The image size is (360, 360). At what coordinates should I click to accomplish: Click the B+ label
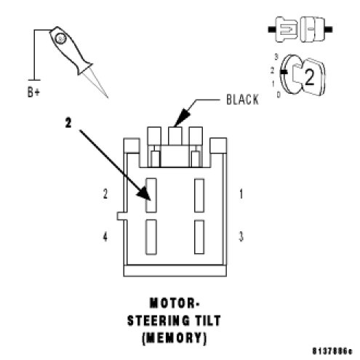tap(33, 92)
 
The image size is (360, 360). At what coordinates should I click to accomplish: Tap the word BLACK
tap(242, 100)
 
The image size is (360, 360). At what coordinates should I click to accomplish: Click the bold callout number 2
tap(68, 123)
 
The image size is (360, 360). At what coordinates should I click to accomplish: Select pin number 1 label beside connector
tap(241, 194)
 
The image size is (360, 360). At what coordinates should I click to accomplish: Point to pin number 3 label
tap(241, 236)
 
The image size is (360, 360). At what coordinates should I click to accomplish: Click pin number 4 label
tap(105, 236)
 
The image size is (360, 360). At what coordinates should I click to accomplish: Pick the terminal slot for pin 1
tap(199, 196)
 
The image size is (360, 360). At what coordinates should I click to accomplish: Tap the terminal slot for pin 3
tap(199, 237)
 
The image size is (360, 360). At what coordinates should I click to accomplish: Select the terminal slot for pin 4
tap(151, 237)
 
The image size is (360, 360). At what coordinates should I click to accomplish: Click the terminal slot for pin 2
tap(151, 196)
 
